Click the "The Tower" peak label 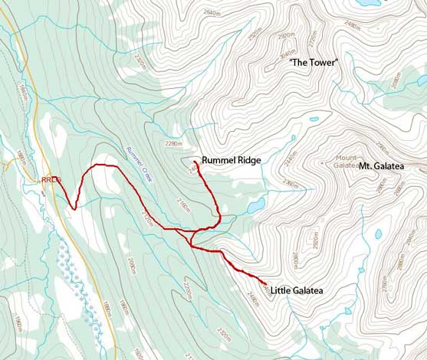click(313, 62)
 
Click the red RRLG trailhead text click(51, 180)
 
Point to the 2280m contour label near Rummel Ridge click(173, 142)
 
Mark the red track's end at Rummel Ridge click(197, 163)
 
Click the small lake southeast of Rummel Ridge click(255, 205)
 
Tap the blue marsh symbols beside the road click(77, 276)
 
